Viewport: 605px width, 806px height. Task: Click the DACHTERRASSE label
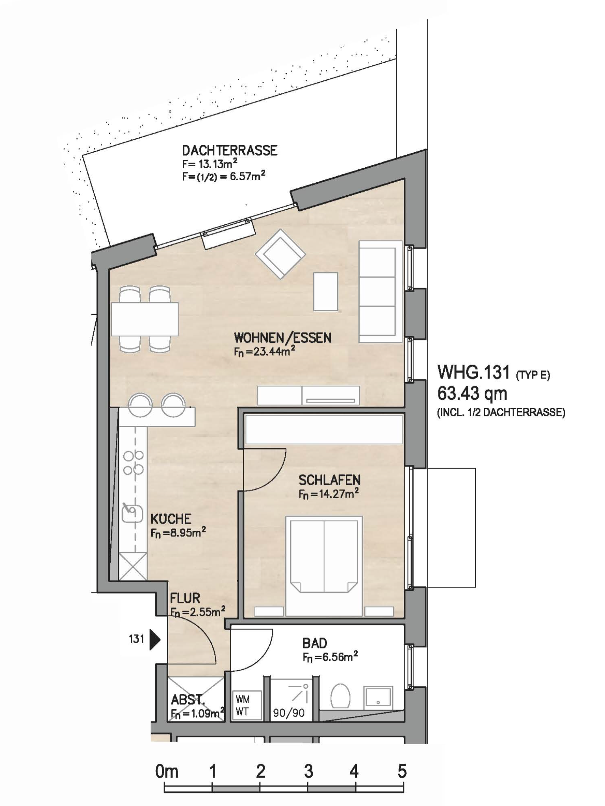pos(230,150)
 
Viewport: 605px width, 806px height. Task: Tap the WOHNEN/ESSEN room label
pos(282,338)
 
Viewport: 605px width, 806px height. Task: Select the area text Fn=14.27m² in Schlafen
pos(328,494)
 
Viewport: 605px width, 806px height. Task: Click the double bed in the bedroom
pos(324,566)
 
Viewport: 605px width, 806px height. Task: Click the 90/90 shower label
pos(289,713)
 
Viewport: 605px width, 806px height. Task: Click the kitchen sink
pos(132,512)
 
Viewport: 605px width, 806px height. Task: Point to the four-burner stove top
pos(134,462)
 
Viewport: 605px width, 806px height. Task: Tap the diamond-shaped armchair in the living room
pos(280,254)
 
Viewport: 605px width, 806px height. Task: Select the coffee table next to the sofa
pos(326,292)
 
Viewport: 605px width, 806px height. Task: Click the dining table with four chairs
pos(145,319)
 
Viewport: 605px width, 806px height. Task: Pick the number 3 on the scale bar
pos(308,771)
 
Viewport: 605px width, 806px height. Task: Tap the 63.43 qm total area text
pos(472,394)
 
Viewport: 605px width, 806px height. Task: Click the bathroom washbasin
pos(377,697)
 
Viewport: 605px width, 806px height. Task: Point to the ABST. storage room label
pos(188,700)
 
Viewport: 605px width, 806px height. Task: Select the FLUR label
pos(185,598)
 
